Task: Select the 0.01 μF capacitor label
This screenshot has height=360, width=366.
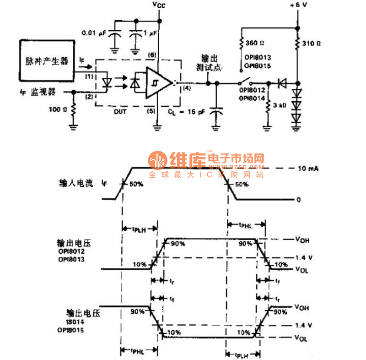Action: click(x=94, y=33)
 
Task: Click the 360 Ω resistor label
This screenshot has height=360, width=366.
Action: click(x=255, y=43)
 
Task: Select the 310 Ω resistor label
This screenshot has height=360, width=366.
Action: click(x=311, y=44)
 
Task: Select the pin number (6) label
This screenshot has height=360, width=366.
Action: click(x=152, y=55)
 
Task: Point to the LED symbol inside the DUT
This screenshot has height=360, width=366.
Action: click(x=108, y=83)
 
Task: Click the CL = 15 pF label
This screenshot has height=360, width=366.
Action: click(x=186, y=111)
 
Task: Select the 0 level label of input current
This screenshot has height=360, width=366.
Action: click(x=298, y=200)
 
